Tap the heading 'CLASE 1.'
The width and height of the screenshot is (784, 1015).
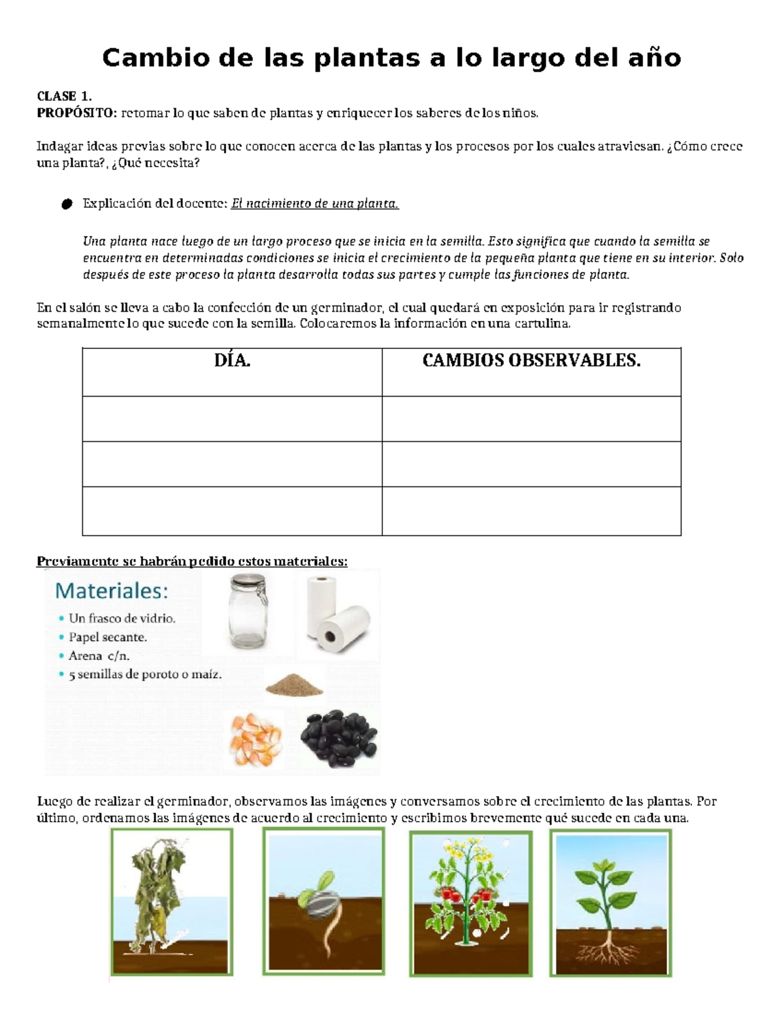coord(64,96)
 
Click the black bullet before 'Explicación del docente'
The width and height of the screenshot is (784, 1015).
coord(66,205)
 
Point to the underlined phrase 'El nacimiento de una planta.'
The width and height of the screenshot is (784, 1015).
coord(315,204)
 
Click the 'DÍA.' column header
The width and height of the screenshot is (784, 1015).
coord(232,361)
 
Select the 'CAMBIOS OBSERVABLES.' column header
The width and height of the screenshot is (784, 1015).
coord(531,361)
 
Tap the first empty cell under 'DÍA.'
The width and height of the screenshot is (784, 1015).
coord(232,418)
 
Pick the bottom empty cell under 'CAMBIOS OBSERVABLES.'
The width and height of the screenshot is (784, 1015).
coord(531,511)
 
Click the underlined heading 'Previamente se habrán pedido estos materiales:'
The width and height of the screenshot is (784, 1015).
coord(192,561)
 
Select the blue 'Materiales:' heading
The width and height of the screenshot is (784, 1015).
coord(112,591)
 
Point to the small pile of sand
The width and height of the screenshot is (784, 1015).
coord(294,684)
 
